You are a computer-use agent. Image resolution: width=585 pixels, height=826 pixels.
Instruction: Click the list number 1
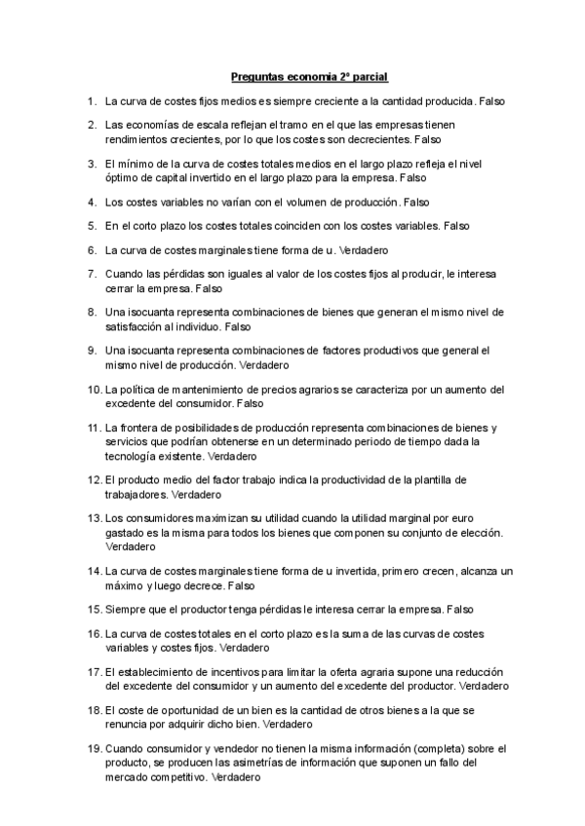(x=91, y=100)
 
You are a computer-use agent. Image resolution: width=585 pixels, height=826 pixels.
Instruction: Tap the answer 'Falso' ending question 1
(x=490, y=100)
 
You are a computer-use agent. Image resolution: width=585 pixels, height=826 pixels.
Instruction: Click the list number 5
(x=91, y=226)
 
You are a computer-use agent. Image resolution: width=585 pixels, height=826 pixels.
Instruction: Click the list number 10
(x=94, y=390)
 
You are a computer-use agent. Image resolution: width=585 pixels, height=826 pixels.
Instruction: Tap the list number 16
(x=94, y=634)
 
